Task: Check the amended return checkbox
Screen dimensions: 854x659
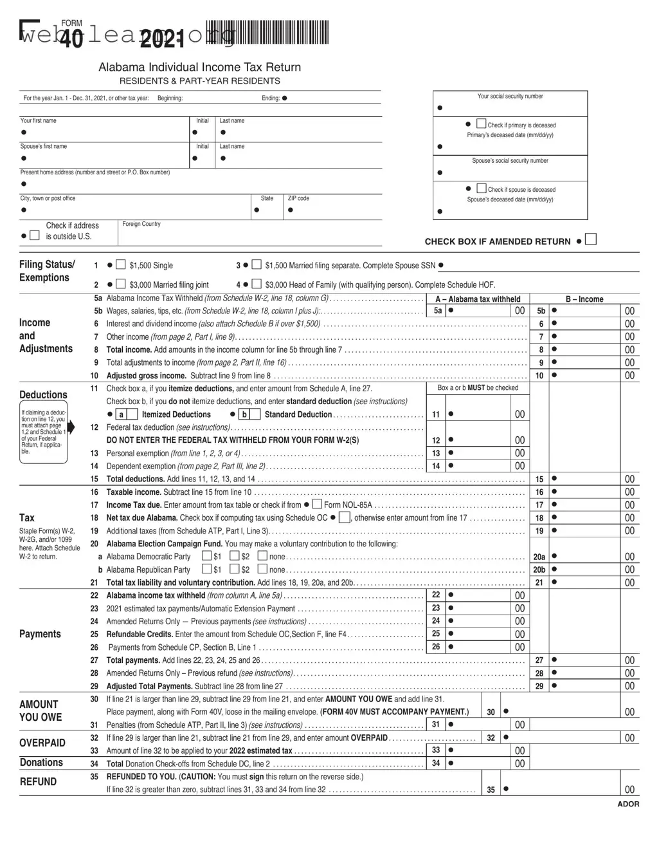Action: pyautogui.click(x=591, y=239)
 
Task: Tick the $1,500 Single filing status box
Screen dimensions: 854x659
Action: pyautogui.click(x=120, y=265)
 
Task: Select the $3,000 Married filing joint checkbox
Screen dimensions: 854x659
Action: pyautogui.click(x=120, y=284)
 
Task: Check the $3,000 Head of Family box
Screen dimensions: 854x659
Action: pyautogui.click(x=256, y=284)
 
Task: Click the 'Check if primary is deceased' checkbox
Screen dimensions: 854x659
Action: pyautogui.click(x=481, y=124)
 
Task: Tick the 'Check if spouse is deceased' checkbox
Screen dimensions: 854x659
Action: pyautogui.click(x=481, y=188)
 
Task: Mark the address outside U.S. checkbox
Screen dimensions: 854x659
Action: pyautogui.click(x=35, y=236)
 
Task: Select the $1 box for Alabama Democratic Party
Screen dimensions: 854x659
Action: pyautogui.click(x=206, y=555)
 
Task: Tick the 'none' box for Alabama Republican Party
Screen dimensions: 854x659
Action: pyautogui.click(x=262, y=569)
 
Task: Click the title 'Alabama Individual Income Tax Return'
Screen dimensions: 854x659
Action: pyautogui.click(x=199, y=67)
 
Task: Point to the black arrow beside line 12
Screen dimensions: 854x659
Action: pyautogui.click(x=71, y=427)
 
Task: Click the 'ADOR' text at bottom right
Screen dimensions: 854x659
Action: pyautogui.click(x=628, y=804)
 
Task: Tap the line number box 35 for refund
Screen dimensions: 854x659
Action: pyautogui.click(x=491, y=789)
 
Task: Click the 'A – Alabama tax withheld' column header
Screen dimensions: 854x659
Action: pyautogui.click(x=478, y=299)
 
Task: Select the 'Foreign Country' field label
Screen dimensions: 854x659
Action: pyautogui.click(x=141, y=224)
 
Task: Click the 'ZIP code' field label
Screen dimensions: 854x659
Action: pyautogui.click(x=298, y=198)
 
